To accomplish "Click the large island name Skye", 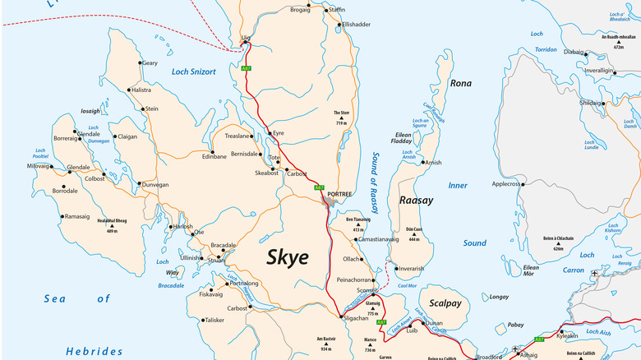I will coord(287,256).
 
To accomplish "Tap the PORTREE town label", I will coord(339,194).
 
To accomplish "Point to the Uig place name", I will coord(245,37).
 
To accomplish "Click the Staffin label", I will coord(336,9).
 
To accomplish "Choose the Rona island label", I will coord(461,83).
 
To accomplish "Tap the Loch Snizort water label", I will coord(193,72).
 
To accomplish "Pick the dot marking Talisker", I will coord(201,320).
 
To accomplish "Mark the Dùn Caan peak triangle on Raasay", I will coord(413,233).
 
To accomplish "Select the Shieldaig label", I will coord(590,103).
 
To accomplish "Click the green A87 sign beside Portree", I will coord(320,187).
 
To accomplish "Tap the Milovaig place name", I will coord(38,166).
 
